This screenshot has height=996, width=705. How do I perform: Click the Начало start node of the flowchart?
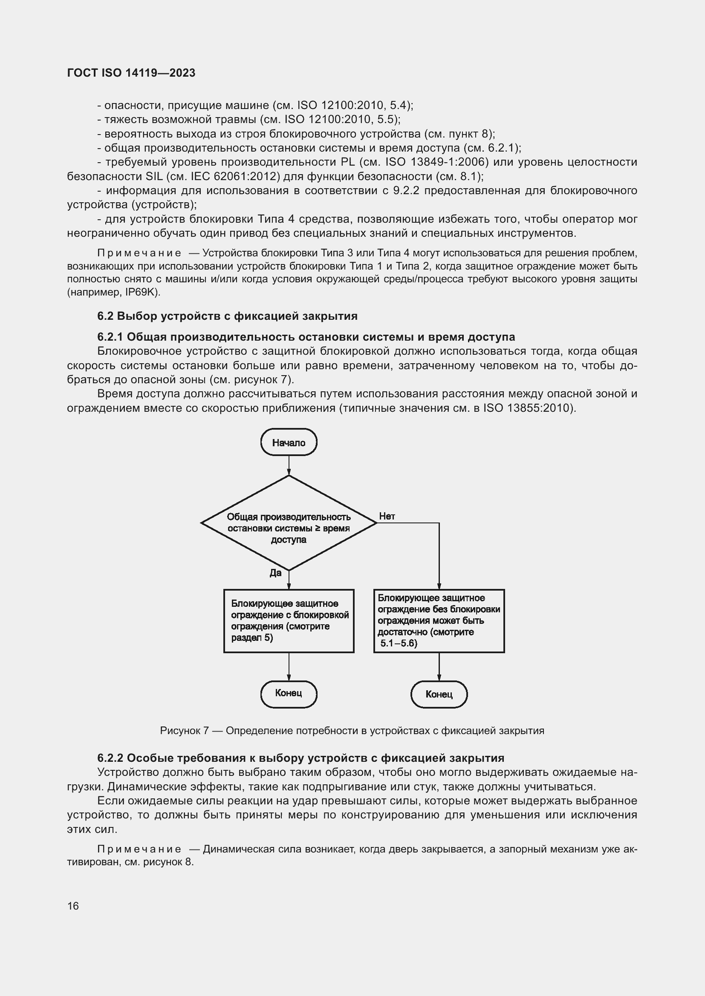289,442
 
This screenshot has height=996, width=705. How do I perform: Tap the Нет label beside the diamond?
387,516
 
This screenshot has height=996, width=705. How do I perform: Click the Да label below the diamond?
276,573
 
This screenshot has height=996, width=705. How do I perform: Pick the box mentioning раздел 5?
289,621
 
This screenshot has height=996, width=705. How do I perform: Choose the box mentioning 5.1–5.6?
439,621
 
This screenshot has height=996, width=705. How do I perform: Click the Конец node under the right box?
439,694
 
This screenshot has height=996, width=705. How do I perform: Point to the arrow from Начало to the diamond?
289,465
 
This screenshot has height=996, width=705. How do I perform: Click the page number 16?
73,906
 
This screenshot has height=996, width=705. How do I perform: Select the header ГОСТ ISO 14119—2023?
131,73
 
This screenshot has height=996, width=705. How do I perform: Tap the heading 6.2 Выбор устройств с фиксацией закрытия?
228,316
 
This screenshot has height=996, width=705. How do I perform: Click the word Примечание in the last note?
139,849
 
